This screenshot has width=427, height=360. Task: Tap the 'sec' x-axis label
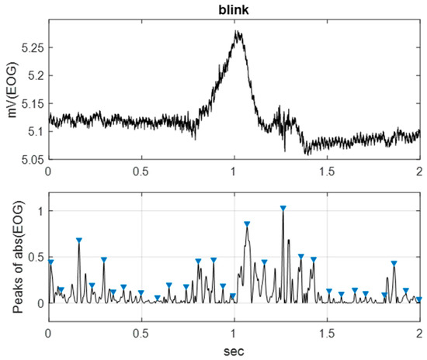coord(234,351)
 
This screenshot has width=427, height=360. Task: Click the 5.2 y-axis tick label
coord(36,75)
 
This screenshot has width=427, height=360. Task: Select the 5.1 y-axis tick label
coord(36,131)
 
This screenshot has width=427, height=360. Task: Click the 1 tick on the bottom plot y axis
coord(40,211)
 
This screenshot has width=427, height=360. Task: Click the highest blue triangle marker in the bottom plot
coord(283,208)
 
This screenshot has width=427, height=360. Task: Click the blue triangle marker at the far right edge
coord(418,299)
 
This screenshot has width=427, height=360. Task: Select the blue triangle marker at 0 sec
coord(50,262)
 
